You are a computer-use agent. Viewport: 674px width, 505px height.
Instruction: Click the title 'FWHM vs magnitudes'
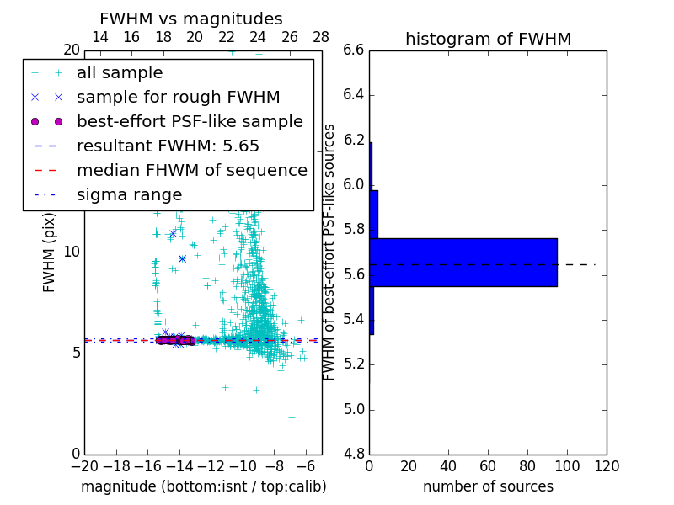[191, 19]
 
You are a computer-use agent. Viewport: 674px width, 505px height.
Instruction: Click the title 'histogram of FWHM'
[488, 39]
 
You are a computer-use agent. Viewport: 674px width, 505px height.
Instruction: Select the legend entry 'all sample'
[120, 73]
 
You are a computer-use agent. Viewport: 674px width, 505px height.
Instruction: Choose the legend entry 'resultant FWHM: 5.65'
[168, 146]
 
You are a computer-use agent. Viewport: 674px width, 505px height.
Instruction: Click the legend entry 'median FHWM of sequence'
[191, 170]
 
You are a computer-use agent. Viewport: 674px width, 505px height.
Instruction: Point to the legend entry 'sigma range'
[129, 194]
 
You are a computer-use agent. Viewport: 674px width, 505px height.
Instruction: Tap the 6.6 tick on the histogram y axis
[353, 50]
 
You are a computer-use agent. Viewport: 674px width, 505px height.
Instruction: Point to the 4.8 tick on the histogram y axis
[353, 454]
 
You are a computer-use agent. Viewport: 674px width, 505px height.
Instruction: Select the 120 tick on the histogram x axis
[607, 466]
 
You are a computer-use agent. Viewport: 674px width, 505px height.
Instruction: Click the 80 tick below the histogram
[527, 466]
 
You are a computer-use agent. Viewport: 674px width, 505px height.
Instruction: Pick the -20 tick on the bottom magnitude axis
[84, 466]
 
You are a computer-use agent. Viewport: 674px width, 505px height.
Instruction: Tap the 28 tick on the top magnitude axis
[321, 37]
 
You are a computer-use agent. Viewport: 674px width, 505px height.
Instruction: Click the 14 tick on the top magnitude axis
[99, 37]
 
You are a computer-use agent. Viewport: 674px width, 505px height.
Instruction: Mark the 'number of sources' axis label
[488, 486]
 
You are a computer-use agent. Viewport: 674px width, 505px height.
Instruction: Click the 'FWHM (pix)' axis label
[50, 252]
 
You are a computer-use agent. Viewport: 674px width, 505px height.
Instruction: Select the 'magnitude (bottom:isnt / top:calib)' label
[203, 486]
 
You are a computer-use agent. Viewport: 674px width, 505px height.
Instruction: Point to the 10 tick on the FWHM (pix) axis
[72, 252]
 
